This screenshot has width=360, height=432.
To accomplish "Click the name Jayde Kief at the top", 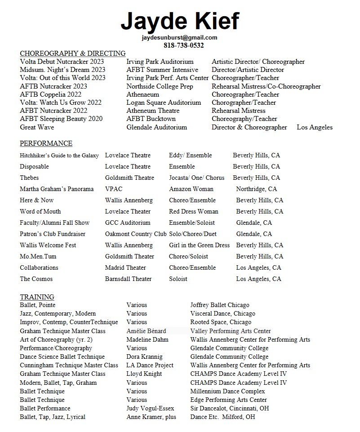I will point(180,21).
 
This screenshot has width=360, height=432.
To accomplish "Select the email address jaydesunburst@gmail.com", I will point(180,38).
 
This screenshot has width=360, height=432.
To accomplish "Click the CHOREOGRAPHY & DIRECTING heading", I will point(73,53).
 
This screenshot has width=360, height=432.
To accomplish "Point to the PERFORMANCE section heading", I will point(46,143).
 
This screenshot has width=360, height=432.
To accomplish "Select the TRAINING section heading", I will point(37,297).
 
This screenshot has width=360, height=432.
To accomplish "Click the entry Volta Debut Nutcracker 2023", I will point(62,62).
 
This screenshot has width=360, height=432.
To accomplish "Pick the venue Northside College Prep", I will point(160,86).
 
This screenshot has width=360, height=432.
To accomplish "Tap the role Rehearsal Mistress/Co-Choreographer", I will point(266,86).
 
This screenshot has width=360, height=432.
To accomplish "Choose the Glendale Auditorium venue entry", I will point(156,127).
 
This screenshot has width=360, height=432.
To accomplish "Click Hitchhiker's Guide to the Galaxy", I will point(59,156).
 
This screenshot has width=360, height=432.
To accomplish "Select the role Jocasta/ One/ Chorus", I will point(196,178).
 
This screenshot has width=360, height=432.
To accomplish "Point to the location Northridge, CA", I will point(256,189).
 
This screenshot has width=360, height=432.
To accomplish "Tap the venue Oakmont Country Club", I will point(136,234).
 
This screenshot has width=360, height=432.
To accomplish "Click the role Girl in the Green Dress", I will point(199,245).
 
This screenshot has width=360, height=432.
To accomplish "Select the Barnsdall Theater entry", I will point(128,279).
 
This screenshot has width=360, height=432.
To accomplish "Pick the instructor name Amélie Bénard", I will point(146,331).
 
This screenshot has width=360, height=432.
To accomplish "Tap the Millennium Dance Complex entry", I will point(228,391).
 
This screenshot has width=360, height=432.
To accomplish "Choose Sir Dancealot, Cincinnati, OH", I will point(230,408).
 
